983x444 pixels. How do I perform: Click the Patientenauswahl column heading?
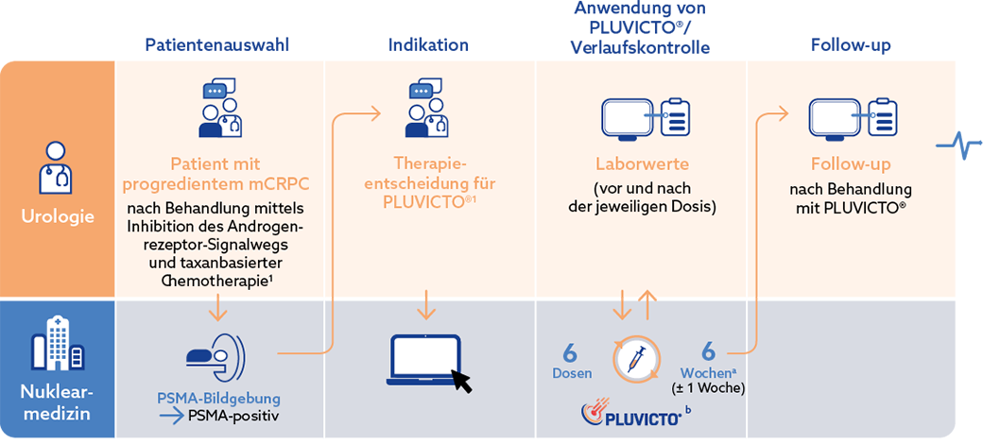coord(216,44)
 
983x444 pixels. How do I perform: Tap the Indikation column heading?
coord(428,44)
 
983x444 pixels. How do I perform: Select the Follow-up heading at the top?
coord(851,44)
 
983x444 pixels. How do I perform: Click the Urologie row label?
coord(57,216)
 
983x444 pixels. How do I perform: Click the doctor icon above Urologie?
coord(57,166)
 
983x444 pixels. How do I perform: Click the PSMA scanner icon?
coord(218,356)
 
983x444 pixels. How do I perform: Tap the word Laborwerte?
coord(642,163)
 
